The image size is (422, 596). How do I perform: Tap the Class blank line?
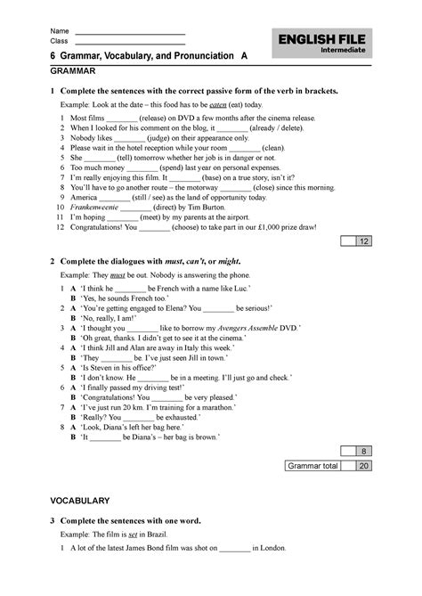click(130, 43)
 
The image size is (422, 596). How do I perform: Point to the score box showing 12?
click(364, 241)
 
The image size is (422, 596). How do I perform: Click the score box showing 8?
click(364, 452)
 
